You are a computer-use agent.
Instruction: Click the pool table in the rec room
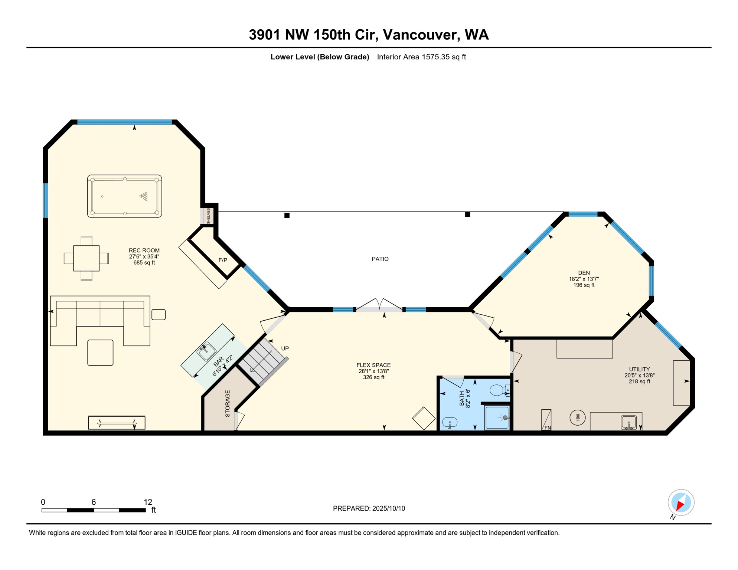pyautogui.click(x=124, y=196)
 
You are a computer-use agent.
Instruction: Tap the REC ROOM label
pyautogui.click(x=144, y=250)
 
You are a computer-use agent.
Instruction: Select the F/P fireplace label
pyautogui.click(x=223, y=260)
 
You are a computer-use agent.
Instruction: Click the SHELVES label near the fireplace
pyautogui.click(x=208, y=216)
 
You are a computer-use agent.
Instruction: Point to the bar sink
pyautogui.click(x=206, y=351)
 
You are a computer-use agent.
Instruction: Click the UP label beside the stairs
pyautogui.click(x=285, y=348)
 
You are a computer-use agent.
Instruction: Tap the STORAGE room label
pyautogui.click(x=228, y=403)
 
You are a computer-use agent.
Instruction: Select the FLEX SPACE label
pyautogui.click(x=373, y=365)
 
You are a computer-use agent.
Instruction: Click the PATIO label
pyautogui.click(x=380, y=259)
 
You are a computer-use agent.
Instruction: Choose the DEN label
pyautogui.click(x=584, y=273)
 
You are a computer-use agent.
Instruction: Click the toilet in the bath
pyautogui.click(x=499, y=390)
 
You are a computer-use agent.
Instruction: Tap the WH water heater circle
pyautogui.click(x=577, y=418)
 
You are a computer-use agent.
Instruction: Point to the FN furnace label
pyautogui.click(x=548, y=427)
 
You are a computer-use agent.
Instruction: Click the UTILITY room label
pyautogui.click(x=639, y=369)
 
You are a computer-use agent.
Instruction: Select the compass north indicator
pyautogui.click(x=681, y=504)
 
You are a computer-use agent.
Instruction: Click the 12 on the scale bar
pyautogui.click(x=148, y=502)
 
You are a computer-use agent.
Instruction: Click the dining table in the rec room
pyautogui.click(x=86, y=258)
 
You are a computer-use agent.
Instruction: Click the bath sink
pyautogui.click(x=450, y=422)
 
